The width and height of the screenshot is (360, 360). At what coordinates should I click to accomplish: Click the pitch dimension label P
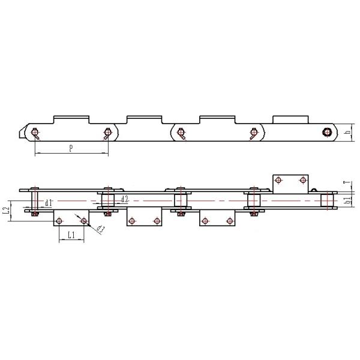pos(71,148)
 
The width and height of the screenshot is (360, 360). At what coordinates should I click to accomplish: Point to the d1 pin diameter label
pos(49,202)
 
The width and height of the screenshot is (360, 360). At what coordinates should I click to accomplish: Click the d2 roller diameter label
pos(124,199)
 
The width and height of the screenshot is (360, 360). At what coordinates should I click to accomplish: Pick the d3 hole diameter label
pos(100,229)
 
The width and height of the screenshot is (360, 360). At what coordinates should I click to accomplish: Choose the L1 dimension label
pos(70,236)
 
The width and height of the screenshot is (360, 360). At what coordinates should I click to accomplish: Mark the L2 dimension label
pos(6,211)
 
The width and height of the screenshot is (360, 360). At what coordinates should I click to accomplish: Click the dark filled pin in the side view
pos(327,132)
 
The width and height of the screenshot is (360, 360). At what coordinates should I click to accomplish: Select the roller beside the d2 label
pos(107,200)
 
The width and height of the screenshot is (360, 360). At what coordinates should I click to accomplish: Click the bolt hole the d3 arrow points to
pos(83,221)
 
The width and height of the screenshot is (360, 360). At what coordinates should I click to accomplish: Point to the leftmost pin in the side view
pos(35,133)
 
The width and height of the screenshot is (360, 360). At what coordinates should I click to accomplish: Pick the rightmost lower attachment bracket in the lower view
pos(217,220)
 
